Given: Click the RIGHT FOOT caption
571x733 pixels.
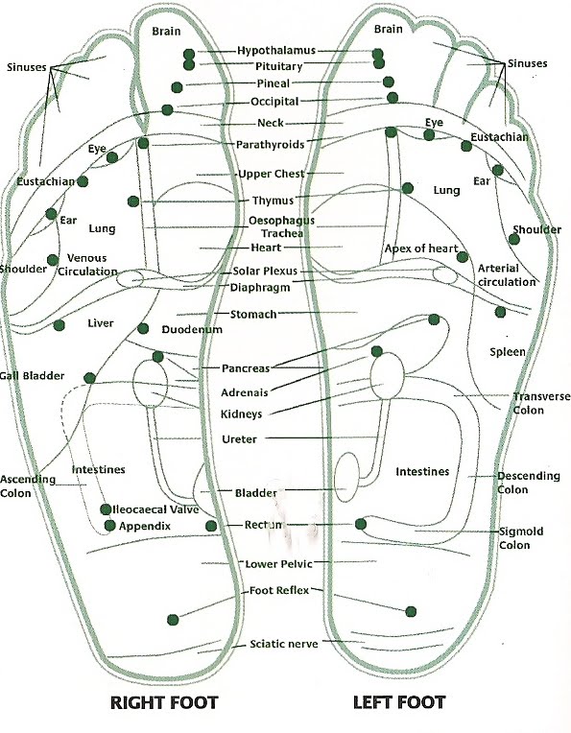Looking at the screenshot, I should point(163,703).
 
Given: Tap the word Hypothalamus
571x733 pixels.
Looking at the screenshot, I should point(278,50).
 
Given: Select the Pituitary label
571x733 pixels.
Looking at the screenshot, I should point(279,67).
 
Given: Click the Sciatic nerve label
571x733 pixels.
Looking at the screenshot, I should point(283,644).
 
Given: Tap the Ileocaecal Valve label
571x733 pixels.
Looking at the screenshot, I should point(156,509).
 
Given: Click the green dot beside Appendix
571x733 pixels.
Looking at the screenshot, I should point(110,526).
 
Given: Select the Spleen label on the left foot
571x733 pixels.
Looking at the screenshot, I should point(508,352).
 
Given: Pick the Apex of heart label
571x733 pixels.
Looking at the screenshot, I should point(421,249).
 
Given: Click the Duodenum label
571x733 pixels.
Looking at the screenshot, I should point(192,329).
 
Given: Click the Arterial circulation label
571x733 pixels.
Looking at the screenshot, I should point(507,275).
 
